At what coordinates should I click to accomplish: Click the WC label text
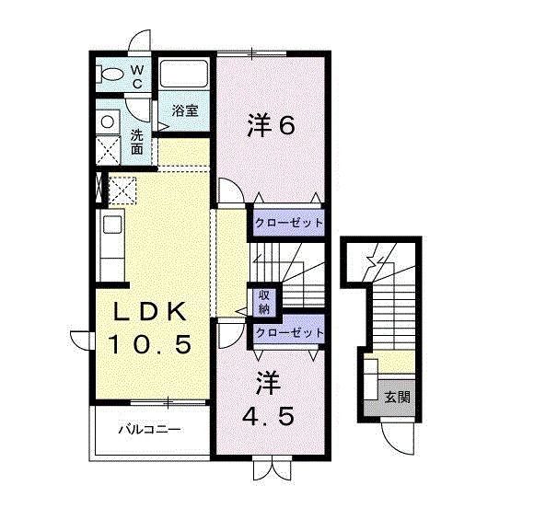click(x=135, y=77)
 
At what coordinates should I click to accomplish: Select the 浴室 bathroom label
click(x=185, y=111)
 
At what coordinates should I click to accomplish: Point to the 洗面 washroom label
click(x=136, y=141)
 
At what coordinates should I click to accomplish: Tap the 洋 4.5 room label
click(x=268, y=398)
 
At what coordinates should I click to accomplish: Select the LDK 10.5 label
click(x=151, y=329)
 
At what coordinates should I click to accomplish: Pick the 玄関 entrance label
click(x=398, y=398)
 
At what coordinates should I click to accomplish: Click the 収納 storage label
click(x=262, y=302)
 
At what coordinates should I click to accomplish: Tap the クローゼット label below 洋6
click(x=288, y=223)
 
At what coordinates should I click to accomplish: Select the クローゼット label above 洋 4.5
click(x=288, y=331)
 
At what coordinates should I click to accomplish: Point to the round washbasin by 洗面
click(x=107, y=121)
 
